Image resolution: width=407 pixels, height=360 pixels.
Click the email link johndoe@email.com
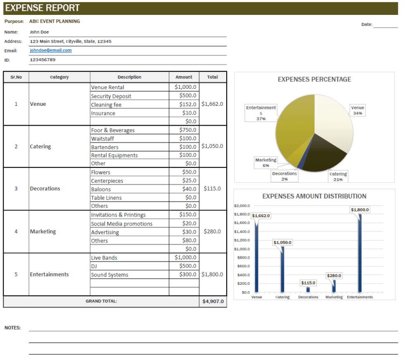tap(50, 50)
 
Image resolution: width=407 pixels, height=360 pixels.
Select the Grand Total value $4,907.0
tap(213, 301)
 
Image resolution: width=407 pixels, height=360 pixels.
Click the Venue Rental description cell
tap(108, 87)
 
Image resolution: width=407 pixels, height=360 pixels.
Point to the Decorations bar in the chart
tap(308, 290)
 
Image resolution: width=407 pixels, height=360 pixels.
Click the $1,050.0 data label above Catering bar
tap(283, 242)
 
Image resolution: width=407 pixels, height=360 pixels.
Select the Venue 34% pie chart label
tap(357, 110)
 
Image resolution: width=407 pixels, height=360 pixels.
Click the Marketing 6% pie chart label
tap(266, 162)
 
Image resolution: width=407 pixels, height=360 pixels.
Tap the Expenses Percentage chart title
tap(314, 79)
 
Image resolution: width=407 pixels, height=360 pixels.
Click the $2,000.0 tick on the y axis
tap(242, 205)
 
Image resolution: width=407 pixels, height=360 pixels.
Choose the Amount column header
tap(184, 77)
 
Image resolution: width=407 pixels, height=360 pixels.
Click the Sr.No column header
tap(16, 77)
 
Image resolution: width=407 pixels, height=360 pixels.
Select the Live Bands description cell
tap(104, 258)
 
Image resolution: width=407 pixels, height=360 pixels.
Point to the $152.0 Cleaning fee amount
tap(188, 104)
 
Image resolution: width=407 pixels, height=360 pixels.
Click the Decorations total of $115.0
tap(212, 188)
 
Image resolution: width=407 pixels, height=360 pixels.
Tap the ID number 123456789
tap(43, 60)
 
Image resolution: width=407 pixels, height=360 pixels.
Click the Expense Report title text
tap(43, 8)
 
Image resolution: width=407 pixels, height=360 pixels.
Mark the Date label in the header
tap(366, 24)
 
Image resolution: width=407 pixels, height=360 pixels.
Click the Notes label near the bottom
tap(12, 328)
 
